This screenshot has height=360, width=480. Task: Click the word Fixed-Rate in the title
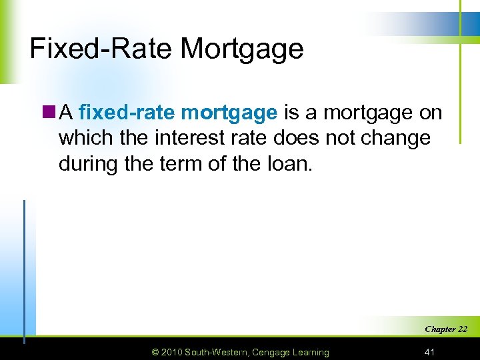101,49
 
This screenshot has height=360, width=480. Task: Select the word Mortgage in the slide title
242,49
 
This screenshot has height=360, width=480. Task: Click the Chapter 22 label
445,329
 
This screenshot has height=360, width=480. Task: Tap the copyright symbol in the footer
155,352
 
